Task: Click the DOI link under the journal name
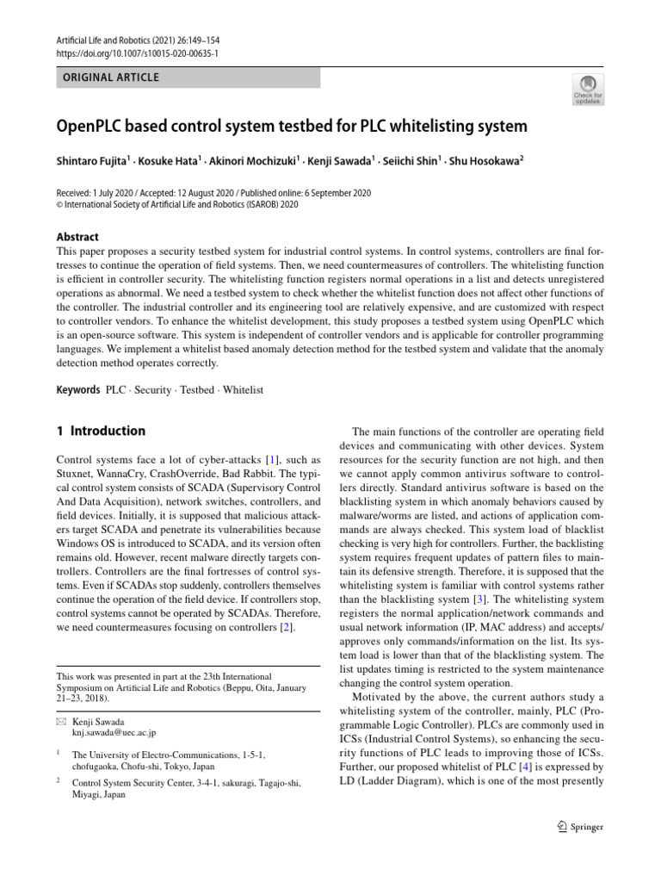[x=136, y=53]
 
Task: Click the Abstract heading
[x=77, y=237]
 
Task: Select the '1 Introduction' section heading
[x=101, y=431]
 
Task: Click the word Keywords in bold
[x=78, y=390]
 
